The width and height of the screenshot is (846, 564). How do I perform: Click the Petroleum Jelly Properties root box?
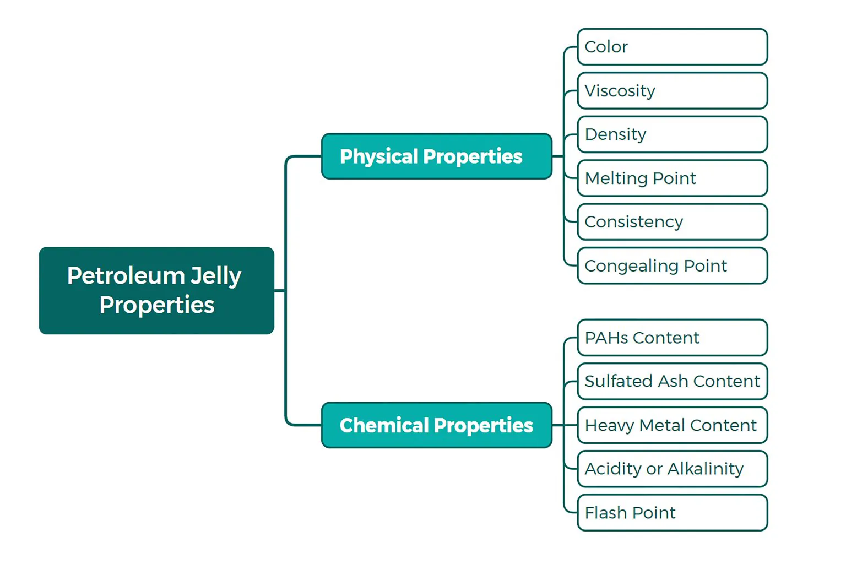(x=156, y=290)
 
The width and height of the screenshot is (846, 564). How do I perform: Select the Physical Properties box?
(x=436, y=156)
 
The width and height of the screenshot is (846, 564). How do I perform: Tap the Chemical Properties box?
(x=436, y=425)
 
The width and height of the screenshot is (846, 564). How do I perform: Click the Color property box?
(x=672, y=47)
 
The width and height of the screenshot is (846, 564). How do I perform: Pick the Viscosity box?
(x=672, y=91)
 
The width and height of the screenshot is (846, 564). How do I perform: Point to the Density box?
(x=672, y=134)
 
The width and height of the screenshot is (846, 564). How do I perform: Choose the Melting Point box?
(x=672, y=178)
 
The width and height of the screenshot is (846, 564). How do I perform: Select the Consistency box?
(x=672, y=222)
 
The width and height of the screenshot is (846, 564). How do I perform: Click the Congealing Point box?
(x=672, y=266)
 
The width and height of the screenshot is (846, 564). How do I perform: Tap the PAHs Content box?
(x=672, y=338)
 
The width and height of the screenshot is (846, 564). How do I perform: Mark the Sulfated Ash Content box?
(x=672, y=381)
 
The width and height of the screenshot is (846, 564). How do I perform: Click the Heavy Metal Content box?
(x=672, y=425)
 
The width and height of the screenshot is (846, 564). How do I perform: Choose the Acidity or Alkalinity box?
(x=672, y=469)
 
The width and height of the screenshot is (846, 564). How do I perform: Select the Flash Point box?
(x=672, y=513)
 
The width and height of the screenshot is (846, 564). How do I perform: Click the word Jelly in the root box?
(x=216, y=276)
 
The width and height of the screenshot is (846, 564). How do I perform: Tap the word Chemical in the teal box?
(x=384, y=425)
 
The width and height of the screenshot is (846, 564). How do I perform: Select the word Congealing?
(x=631, y=267)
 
